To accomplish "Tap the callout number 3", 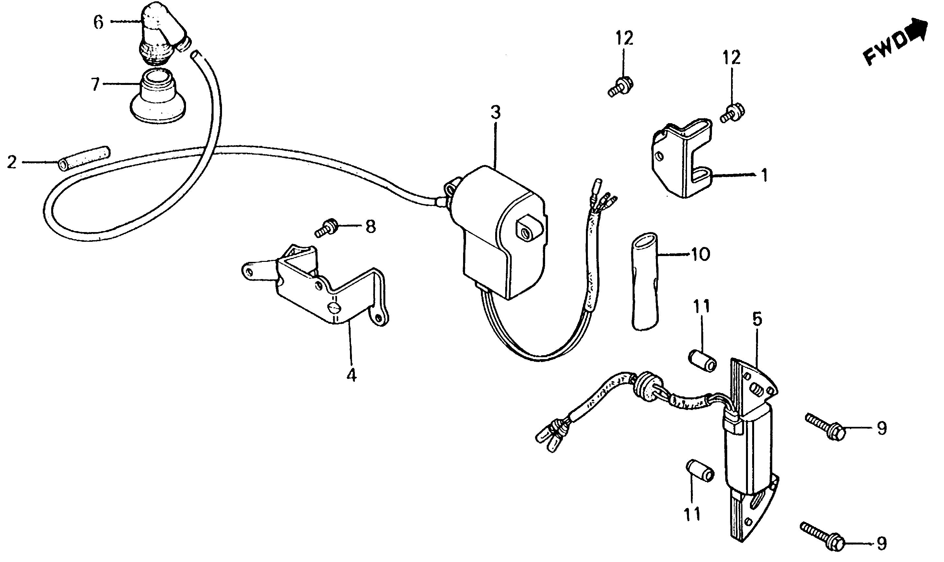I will pyautogui.click(x=495, y=112).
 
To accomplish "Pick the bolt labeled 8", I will pyautogui.click(x=327, y=229).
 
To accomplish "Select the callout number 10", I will pyautogui.click(x=700, y=254).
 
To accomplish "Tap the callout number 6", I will pyautogui.click(x=98, y=22).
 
